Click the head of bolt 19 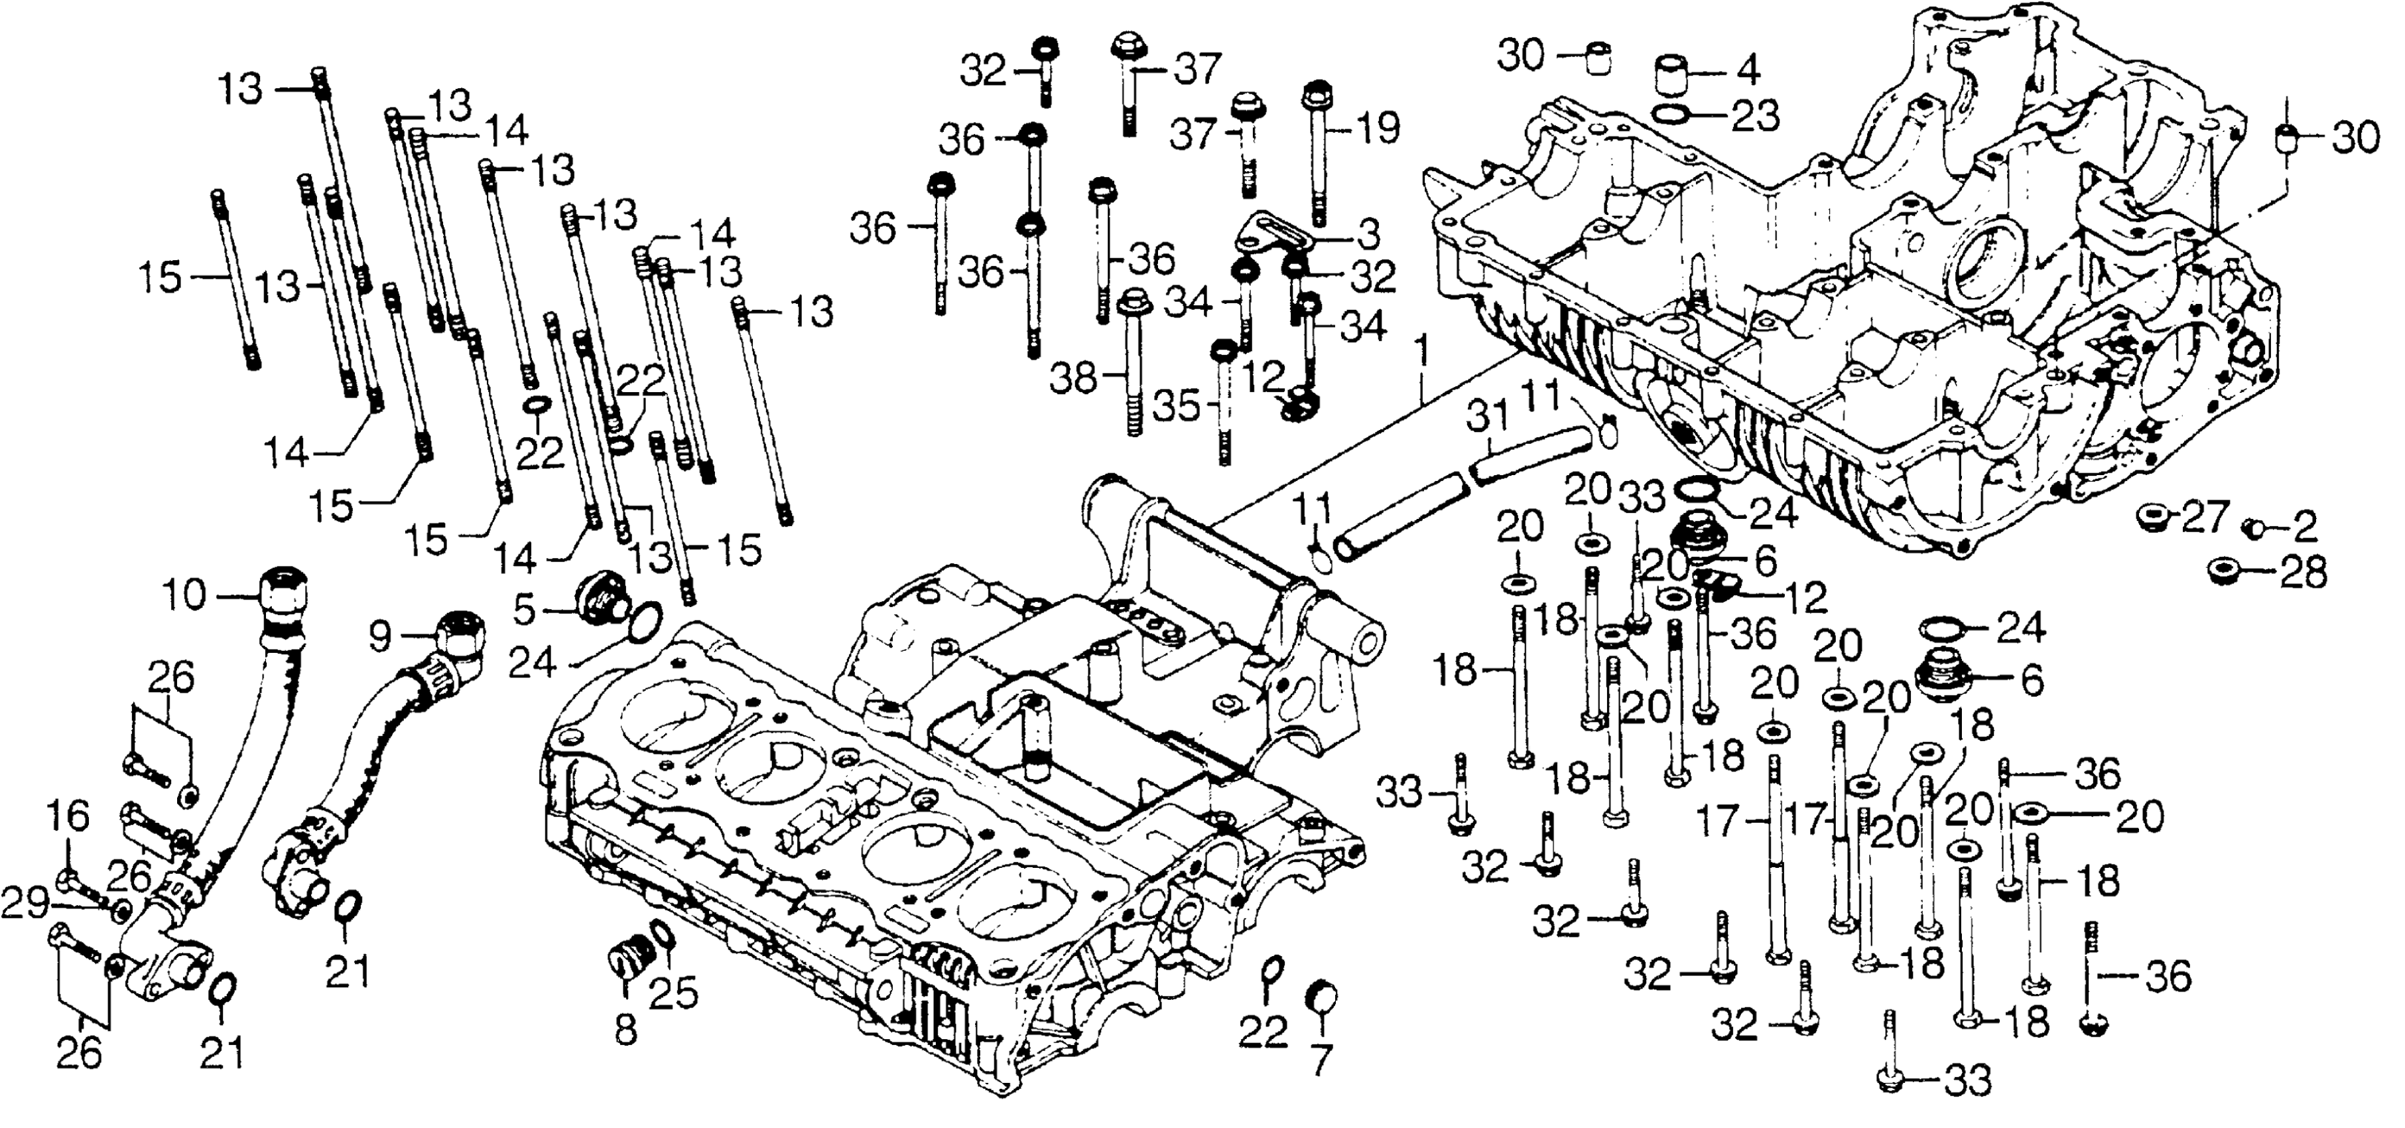tap(1315, 94)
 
